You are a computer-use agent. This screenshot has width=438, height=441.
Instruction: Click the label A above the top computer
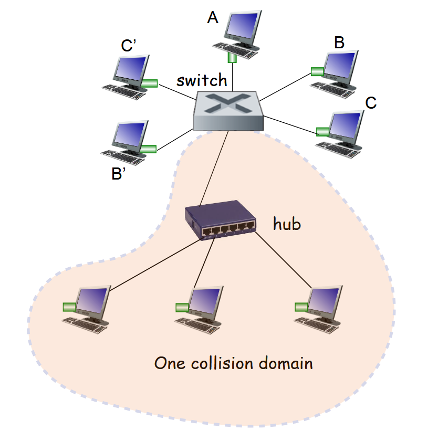[x=213, y=18]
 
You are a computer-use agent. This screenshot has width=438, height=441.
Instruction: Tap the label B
[x=340, y=43]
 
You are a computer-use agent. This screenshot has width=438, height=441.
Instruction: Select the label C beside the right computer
[x=371, y=102]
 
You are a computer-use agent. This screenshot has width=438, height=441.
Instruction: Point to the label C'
[x=129, y=46]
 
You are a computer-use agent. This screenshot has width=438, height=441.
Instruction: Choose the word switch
[x=202, y=80]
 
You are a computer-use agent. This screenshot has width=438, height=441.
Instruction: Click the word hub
[x=287, y=224]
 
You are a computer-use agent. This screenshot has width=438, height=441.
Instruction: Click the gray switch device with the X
[x=227, y=110]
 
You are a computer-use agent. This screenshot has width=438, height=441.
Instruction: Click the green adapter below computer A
[x=232, y=56]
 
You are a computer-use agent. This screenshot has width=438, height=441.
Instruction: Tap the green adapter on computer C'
[x=150, y=83]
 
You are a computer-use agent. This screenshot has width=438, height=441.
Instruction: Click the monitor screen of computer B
[x=341, y=65]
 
